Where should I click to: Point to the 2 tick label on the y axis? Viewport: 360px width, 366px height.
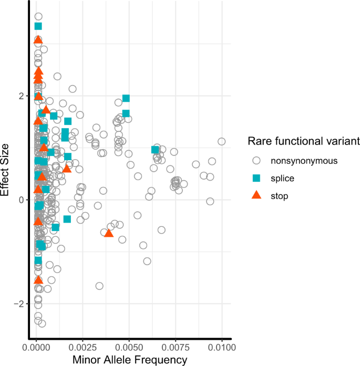pos(21,96)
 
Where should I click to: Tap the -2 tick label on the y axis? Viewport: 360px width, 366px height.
pos(19,304)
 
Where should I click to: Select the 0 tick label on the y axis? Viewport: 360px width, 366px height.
pos(21,200)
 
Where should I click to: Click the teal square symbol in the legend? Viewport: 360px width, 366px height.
pos(256,179)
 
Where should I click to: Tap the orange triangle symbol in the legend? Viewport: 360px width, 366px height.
pos(256,195)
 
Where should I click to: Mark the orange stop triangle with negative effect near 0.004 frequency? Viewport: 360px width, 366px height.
pos(109,233)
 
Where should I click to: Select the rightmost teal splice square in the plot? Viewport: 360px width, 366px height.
pos(155,150)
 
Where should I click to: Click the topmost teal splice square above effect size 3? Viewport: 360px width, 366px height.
pos(38,26)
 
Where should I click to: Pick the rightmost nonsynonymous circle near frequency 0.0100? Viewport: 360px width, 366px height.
pos(222,141)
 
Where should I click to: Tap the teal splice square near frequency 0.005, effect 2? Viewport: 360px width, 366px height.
pos(126,98)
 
